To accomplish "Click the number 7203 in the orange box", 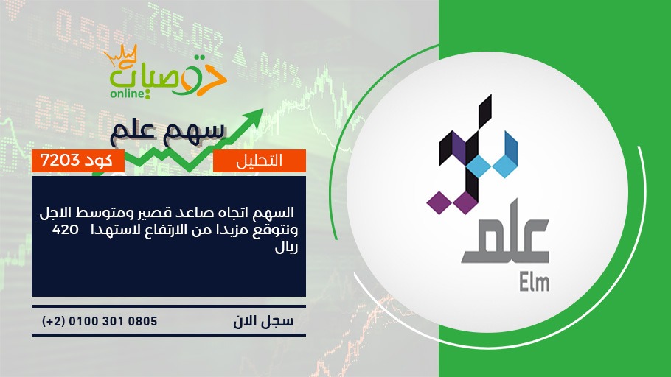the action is point(60,161).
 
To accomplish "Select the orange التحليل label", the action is point(260,161).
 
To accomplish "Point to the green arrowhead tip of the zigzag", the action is point(263,110).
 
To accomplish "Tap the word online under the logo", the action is point(127,94).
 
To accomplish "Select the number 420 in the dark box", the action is point(65,230).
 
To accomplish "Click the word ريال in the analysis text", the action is point(286,248).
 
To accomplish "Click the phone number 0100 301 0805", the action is point(113,321).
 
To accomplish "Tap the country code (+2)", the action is point(53,321).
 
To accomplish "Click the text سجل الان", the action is point(264,321).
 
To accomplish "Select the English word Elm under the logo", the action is point(534,283).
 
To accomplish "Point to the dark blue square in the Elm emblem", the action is point(511,147).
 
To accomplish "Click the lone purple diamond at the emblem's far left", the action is point(439,202).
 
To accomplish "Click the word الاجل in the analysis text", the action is point(55,212).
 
